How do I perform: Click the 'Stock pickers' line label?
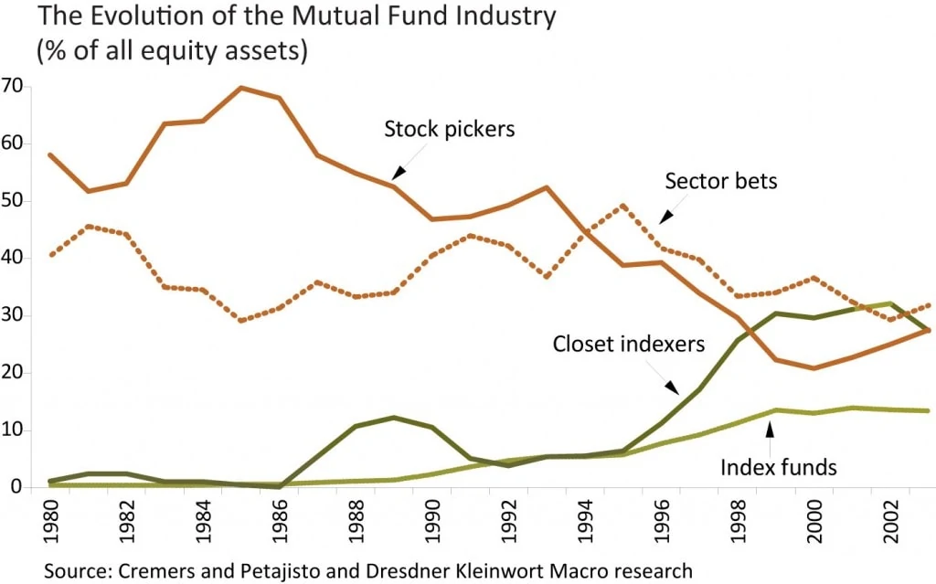tap(449, 129)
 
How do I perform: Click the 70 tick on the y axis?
tap(14, 88)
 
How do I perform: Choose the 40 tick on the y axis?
tap(14, 259)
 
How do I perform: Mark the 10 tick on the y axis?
tap(14, 430)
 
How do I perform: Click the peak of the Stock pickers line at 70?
tap(241, 88)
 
